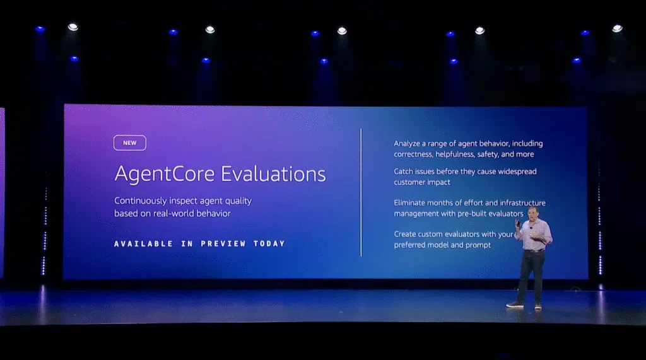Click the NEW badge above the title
129,143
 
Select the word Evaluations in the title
276,174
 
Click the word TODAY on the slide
269,243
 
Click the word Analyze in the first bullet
409,144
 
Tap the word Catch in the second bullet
405,171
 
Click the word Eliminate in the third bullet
413,203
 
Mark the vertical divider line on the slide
361,192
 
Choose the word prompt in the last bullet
478,245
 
